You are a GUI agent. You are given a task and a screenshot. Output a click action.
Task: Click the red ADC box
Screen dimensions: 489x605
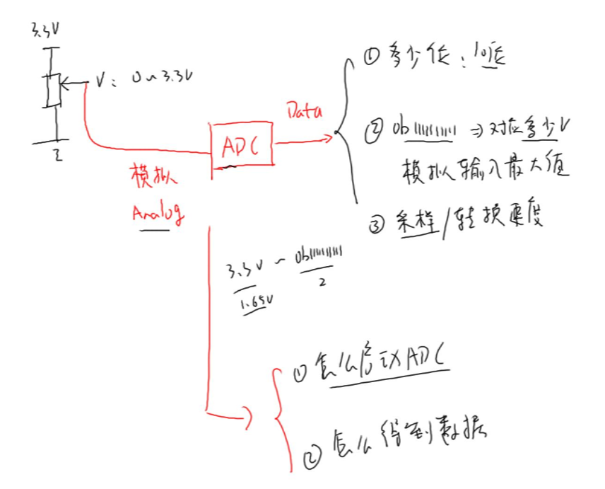click(242, 144)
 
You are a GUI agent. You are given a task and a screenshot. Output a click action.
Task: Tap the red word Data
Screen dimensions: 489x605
click(304, 111)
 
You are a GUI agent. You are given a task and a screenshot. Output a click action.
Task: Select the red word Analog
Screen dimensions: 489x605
click(157, 212)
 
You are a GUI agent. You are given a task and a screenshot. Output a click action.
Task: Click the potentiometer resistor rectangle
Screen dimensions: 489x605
click(53, 89)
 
